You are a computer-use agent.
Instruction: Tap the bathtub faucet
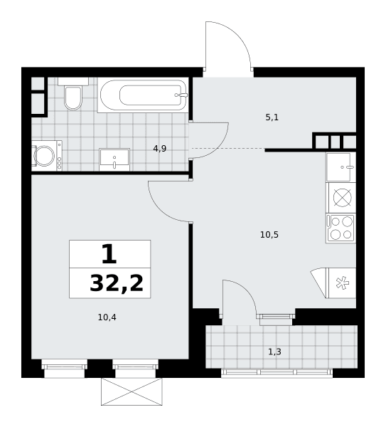(181, 95)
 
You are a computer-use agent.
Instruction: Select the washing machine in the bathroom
(46, 156)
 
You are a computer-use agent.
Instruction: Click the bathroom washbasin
(114, 159)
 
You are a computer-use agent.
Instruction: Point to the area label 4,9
(160, 149)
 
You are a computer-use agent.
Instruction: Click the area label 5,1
(272, 117)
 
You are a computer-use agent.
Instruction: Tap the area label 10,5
(269, 235)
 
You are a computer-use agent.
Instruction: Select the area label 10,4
(107, 317)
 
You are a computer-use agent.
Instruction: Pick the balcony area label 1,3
(274, 352)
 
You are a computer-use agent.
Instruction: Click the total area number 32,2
(117, 283)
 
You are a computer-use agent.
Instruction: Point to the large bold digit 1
(109, 254)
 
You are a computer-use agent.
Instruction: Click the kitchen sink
(341, 167)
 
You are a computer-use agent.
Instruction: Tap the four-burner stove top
(341, 228)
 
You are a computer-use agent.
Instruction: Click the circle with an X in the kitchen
(342, 198)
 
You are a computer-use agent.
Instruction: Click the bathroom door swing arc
(220, 147)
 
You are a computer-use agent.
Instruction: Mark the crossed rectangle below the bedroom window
(132, 392)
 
